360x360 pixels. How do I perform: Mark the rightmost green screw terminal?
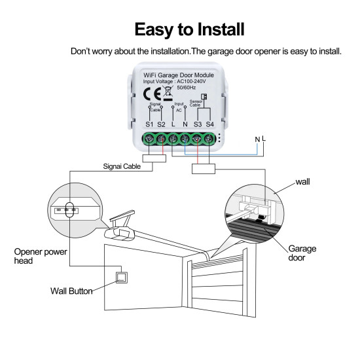pyautogui.click(x=210, y=139)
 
